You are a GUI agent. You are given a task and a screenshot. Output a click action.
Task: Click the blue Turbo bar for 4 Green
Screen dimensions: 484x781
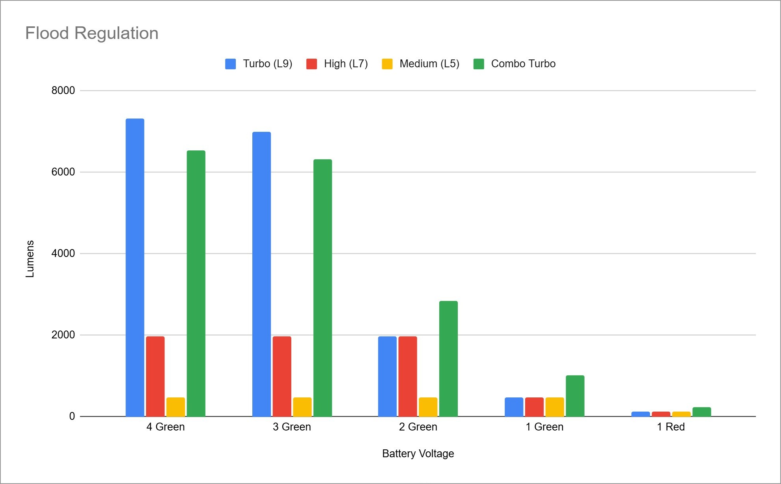135,268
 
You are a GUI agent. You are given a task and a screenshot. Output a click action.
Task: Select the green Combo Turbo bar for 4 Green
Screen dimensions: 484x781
196,283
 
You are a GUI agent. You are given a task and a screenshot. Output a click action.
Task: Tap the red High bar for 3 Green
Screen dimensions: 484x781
282,376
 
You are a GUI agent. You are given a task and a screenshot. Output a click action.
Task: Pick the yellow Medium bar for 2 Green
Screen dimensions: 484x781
428,407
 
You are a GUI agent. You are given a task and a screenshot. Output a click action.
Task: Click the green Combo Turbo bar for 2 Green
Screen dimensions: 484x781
448,358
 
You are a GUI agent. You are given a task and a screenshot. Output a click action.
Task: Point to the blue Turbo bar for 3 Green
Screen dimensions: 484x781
261,274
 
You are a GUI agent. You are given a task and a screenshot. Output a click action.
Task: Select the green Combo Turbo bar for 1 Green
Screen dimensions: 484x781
575,396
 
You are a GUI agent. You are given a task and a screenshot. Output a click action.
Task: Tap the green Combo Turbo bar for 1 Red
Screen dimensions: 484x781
701,412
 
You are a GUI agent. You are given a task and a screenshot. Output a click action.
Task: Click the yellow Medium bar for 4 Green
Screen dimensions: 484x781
176,407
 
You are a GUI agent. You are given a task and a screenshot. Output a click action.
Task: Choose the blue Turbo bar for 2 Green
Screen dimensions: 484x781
387,376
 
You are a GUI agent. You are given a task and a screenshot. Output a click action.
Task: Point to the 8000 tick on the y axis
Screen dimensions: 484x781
63,91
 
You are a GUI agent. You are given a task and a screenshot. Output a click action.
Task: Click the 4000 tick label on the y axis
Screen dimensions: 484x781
63,253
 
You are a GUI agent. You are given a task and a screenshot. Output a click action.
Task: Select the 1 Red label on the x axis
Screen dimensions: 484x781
671,427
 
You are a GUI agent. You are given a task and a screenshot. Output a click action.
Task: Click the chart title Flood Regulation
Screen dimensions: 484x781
92,33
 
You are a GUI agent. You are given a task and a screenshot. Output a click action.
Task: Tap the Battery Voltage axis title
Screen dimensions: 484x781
418,454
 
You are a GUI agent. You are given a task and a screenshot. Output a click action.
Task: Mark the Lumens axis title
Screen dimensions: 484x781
30,259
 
